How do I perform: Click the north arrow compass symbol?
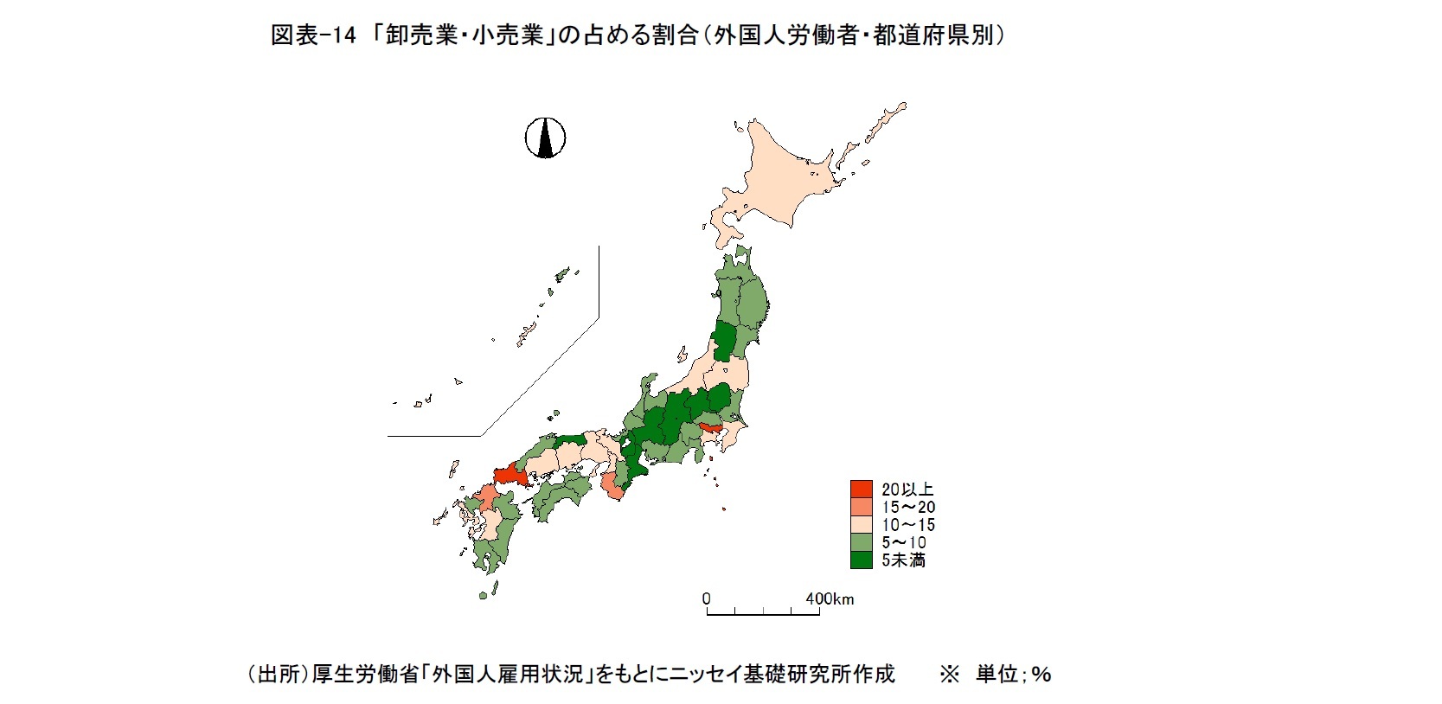[x=545, y=138]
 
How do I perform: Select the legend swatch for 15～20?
[x=861, y=508]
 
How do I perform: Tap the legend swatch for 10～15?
[x=861, y=525]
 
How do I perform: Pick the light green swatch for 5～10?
[x=861, y=542]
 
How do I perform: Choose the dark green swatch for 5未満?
[x=861, y=560]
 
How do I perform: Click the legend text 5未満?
[x=903, y=560]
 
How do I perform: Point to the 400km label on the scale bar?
[x=829, y=598]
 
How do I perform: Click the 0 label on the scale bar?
[x=707, y=598]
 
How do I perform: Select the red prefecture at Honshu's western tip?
[x=508, y=475]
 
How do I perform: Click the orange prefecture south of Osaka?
[x=612, y=487]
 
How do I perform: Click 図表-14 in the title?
[x=313, y=35]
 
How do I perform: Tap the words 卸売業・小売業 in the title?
[x=464, y=35]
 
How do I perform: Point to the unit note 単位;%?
[x=1013, y=674]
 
